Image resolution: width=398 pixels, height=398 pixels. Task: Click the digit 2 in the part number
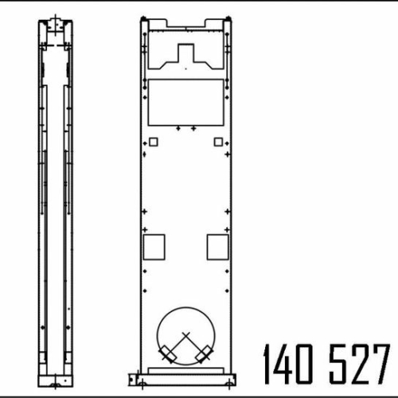(363, 365)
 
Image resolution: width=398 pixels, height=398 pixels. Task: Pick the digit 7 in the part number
(383, 365)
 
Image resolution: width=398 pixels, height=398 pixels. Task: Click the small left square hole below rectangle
(154, 142)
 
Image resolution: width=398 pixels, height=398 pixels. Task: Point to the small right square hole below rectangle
(218, 142)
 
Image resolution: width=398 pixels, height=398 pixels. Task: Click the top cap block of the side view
(56, 25)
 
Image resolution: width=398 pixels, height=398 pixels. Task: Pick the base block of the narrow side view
(55, 378)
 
